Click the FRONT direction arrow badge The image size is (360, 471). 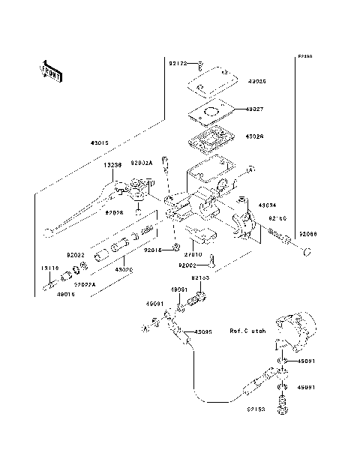(52, 70)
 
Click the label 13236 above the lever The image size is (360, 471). (113, 165)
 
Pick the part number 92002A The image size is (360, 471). (142, 163)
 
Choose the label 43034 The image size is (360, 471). (268, 205)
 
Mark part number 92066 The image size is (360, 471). (305, 235)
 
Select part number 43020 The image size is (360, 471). (123, 268)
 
